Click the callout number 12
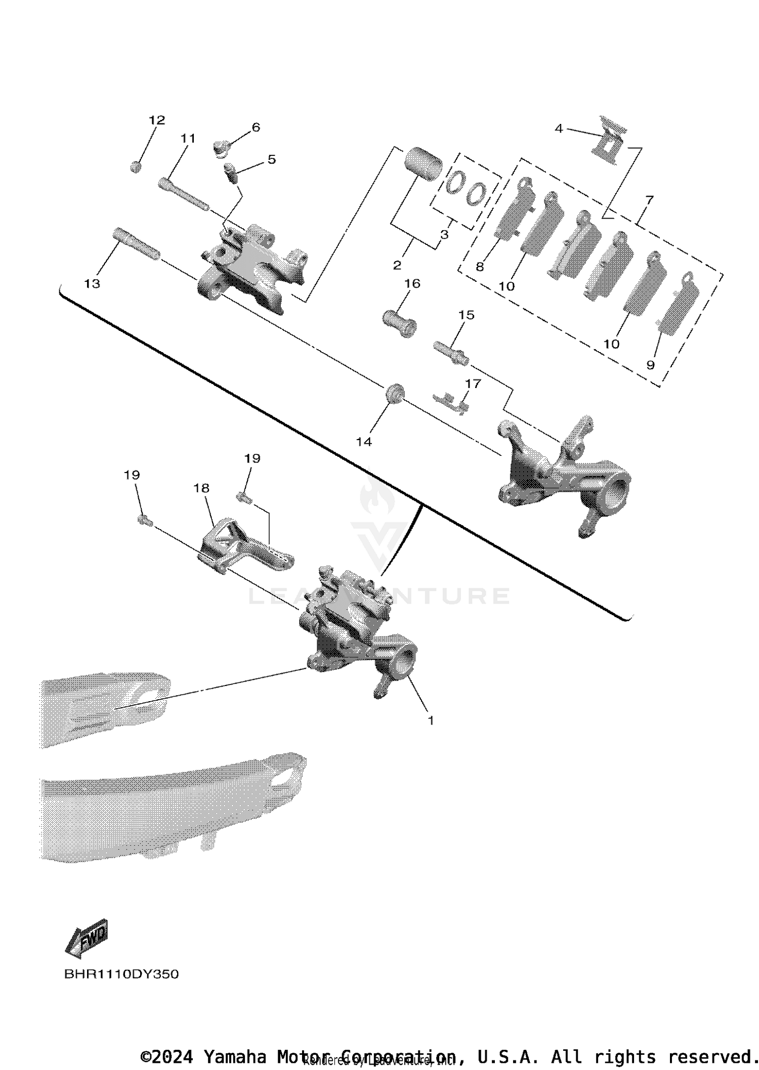tap(157, 120)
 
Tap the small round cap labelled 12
tap(135, 166)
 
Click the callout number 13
tap(92, 284)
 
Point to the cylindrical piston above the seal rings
tap(424, 163)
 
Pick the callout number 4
tap(559, 129)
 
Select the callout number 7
tap(649, 199)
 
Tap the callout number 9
tap(651, 365)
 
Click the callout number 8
tap(480, 267)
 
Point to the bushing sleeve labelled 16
tap(399, 323)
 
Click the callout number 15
tap(466, 315)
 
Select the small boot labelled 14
tap(395, 393)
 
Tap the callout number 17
tap(473, 383)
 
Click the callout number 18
tap(201, 488)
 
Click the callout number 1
tap(431, 720)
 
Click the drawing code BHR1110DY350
tap(121, 974)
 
